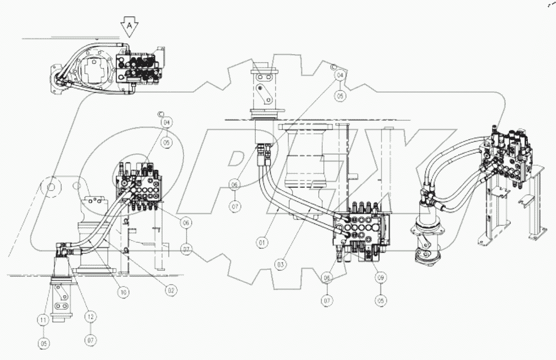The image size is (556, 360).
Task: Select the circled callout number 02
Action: [x=169, y=291]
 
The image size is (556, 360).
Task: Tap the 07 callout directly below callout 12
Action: [x=91, y=341]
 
